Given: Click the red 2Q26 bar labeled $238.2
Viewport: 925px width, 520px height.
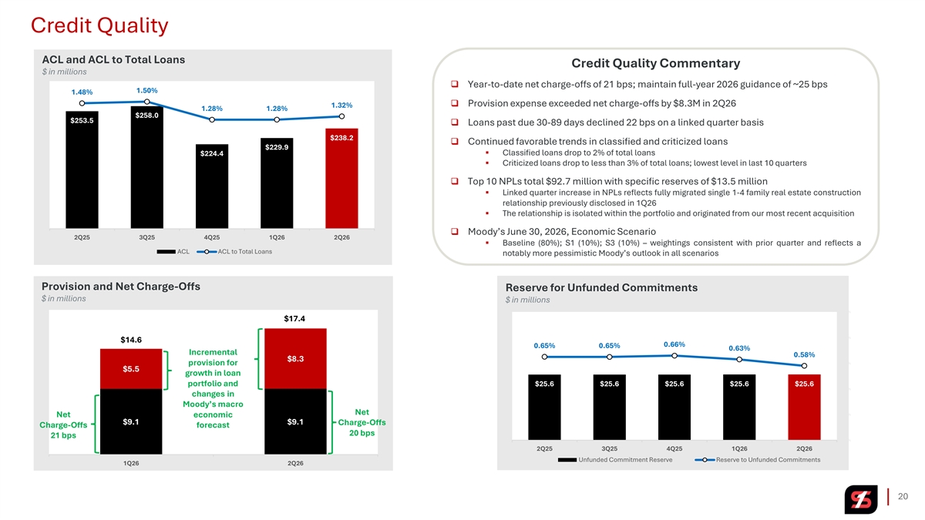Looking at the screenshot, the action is (x=341, y=178).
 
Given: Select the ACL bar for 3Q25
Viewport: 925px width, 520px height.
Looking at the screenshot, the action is (x=147, y=167).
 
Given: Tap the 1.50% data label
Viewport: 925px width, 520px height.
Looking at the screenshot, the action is (x=147, y=90).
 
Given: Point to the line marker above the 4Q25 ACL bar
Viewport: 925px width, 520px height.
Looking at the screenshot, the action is (x=212, y=119).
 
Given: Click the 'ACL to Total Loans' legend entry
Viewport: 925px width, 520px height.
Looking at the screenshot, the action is (x=234, y=252).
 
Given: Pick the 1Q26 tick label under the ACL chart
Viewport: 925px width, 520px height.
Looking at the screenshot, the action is (x=277, y=237).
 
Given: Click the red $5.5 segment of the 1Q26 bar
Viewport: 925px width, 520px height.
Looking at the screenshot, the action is (x=131, y=369).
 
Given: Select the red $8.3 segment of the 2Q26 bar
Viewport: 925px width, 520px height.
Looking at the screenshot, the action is (x=296, y=359).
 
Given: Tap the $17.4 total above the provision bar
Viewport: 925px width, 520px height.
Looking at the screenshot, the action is (x=294, y=319).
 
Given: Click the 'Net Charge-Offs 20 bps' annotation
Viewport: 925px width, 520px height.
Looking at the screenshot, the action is (x=362, y=422).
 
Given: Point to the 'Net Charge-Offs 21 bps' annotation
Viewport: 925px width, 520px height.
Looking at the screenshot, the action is (x=63, y=424).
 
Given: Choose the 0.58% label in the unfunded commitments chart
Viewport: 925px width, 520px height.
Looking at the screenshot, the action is (x=804, y=354).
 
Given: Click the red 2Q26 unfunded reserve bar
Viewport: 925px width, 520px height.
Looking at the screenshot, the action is (x=804, y=407).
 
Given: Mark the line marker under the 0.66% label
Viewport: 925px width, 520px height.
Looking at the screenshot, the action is (x=674, y=356).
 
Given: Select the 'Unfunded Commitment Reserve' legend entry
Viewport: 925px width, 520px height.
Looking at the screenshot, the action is (x=615, y=460).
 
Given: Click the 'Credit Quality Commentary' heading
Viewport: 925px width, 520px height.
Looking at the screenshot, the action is (x=656, y=63).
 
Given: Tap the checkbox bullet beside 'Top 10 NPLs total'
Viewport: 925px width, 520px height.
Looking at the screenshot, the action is (x=455, y=181).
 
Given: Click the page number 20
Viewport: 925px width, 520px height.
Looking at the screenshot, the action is (x=903, y=496).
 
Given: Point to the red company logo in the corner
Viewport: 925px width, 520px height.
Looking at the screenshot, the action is (x=861, y=499).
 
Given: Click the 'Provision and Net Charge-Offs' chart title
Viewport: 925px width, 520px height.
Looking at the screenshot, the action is (x=121, y=287).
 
